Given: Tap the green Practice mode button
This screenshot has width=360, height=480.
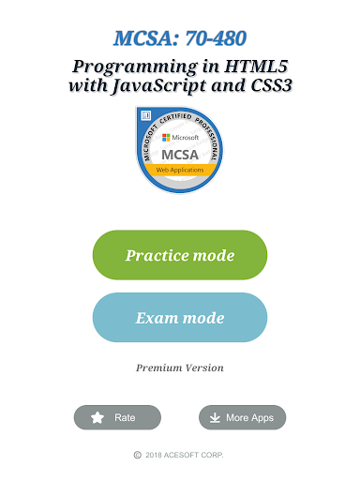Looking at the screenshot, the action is tap(180, 255).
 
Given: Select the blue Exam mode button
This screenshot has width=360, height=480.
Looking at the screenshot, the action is tap(180, 318).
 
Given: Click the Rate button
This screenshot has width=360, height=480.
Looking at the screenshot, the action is tap(117, 417).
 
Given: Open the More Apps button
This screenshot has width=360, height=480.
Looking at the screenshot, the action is tap(242, 417).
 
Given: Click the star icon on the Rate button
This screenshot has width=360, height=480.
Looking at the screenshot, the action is tap(97, 417).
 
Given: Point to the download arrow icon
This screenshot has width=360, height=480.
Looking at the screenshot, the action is tap(215, 417).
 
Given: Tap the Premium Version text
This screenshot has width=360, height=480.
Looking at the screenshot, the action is tap(180, 367).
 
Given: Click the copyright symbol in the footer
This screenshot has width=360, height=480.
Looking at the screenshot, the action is tap(138, 455).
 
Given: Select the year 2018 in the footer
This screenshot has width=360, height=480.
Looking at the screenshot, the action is tap(154, 455).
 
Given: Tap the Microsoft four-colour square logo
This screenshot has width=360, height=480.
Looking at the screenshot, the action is tap(166, 138).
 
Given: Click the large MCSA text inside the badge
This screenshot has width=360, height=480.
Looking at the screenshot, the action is tap(180, 155).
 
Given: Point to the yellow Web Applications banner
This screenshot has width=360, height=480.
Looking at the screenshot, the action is tap(180, 170).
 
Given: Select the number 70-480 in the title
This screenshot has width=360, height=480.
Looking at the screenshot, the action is tap(216, 38).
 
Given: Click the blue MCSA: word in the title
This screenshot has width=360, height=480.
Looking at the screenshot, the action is tap(146, 38).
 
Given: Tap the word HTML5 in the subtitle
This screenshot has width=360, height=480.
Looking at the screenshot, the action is tap(256, 66).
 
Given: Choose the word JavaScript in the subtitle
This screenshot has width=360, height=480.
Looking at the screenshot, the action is tap(159, 85).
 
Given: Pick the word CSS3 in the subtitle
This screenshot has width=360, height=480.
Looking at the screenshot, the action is tap(271, 85).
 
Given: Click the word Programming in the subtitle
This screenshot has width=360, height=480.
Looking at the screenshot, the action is tap(135, 67).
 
